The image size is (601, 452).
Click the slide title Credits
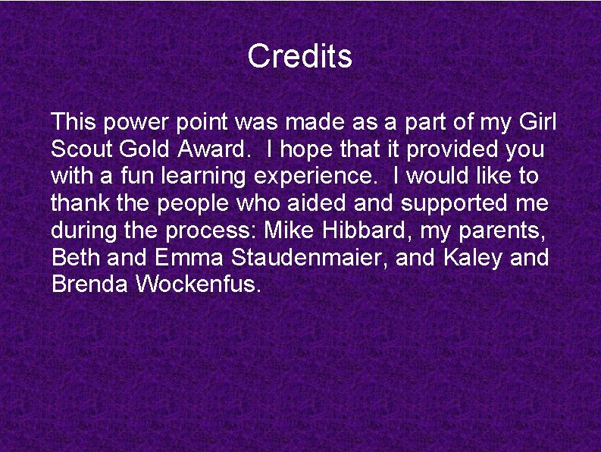pyautogui.click(x=300, y=56)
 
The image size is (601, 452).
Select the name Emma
pyautogui.click(x=189, y=258)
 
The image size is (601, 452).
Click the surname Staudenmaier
pyautogui.click(x=311, y=258)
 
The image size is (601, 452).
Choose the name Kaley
pyautogui.click(x=473, y=259)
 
